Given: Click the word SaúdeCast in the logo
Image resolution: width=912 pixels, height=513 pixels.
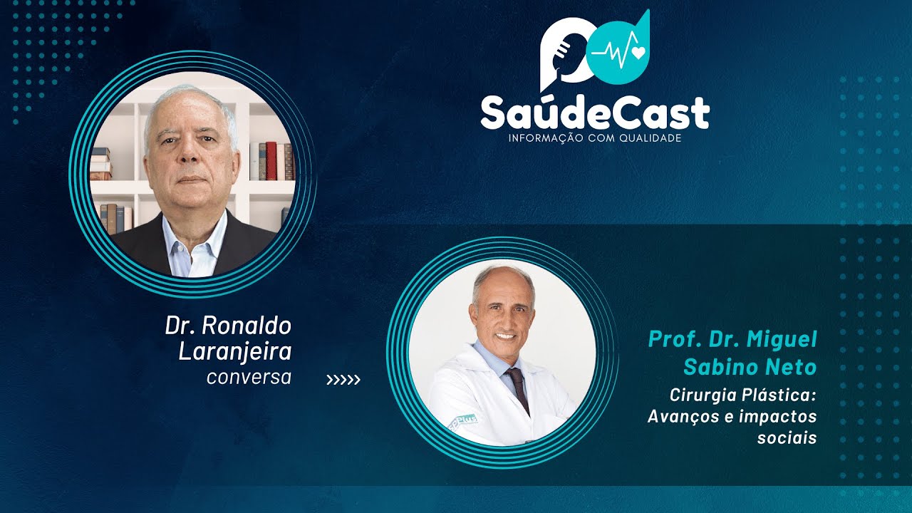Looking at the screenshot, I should (x=595, y=112).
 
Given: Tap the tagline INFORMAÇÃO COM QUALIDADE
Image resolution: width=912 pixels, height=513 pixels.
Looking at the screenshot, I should (x=595, y=138).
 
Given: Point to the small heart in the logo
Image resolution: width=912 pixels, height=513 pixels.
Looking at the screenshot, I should (x=637, y=51).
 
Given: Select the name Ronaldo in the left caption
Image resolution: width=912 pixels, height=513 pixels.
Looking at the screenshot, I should (x=247, y=326).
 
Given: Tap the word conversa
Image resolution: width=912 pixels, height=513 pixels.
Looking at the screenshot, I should (x=249, y=377).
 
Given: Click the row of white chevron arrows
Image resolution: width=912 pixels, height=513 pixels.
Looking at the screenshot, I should (x=343, y=380).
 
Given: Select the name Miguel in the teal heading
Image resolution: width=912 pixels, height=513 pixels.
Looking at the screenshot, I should (x=782, y=340).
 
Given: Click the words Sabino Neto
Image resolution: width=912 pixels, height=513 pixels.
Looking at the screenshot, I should (x=750, y=367).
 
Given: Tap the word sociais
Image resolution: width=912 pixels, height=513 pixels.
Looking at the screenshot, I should (x=787, y=437).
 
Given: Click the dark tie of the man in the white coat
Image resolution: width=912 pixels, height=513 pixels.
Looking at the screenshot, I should (x=518, y=388).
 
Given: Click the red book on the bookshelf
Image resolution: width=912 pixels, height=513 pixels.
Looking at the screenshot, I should (x=271, y=160).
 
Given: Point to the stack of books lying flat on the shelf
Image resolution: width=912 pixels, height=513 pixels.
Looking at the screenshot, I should (x=100, y=164).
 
